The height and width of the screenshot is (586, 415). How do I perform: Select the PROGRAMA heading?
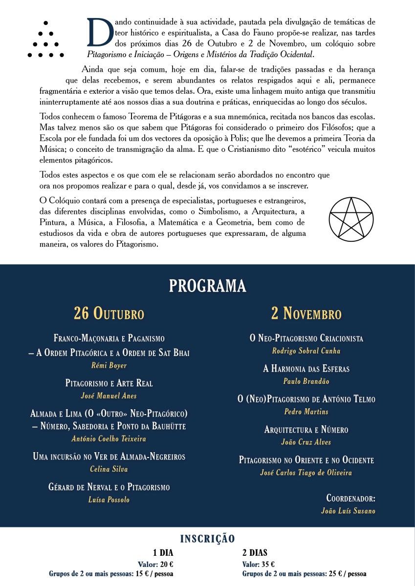point(207,286)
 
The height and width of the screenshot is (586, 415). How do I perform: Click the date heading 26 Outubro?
point(109,313)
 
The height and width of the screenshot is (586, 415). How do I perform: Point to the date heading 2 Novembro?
point(306,313)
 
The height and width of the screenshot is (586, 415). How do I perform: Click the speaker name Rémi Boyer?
point(109,365)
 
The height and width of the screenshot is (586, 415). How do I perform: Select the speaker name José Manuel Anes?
point(109,396)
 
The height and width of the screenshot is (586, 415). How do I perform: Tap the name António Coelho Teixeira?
point(109,439)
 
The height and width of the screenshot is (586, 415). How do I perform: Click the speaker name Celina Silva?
point(109,469)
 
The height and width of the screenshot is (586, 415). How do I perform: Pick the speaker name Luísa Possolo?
point(109,499)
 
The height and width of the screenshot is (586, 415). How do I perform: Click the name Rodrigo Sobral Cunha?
point(306,351)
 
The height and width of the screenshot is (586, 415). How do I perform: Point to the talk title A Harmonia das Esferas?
point(306,369)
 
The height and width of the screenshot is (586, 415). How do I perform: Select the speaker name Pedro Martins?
point(306,412)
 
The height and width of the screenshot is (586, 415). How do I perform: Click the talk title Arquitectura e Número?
point(306,430)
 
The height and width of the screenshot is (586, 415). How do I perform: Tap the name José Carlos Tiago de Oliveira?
point(306,472)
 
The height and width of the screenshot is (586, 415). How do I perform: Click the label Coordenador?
point(350,498)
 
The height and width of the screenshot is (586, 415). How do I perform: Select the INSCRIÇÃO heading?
point(207,539)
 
